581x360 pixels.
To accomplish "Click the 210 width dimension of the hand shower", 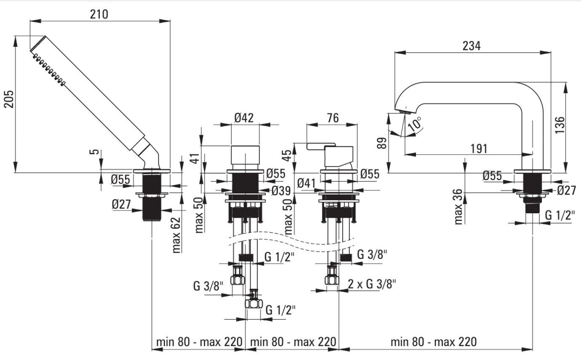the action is (x=99, y=14).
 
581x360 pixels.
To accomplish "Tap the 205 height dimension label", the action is (x=9, y=99).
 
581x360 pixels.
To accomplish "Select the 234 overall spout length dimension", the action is (x=472, y=46).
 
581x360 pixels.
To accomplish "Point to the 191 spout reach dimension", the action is (x=479, y=148).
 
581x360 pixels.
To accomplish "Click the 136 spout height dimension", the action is (x=559, y=125).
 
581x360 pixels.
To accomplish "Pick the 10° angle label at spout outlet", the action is (x=415, y=124).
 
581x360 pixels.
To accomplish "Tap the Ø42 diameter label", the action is (x=244, y=118).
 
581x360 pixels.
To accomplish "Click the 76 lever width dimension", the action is (x=333, y=118).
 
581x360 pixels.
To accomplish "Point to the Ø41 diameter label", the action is (x=306, y=183).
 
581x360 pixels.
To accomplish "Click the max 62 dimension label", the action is (x=176, y=235).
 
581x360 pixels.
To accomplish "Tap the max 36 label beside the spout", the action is (x=459, y=207).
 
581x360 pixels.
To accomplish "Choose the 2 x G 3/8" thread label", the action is (x=372, y=284).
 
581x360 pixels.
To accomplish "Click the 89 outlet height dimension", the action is (x=381, y=143).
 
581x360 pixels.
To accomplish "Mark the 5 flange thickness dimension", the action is (x=95, y=152).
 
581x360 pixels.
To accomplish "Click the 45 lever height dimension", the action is (x=287, y=155).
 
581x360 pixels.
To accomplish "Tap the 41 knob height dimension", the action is (x=195, y=158).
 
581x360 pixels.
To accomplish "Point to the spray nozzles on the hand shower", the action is (x=49, y=69).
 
